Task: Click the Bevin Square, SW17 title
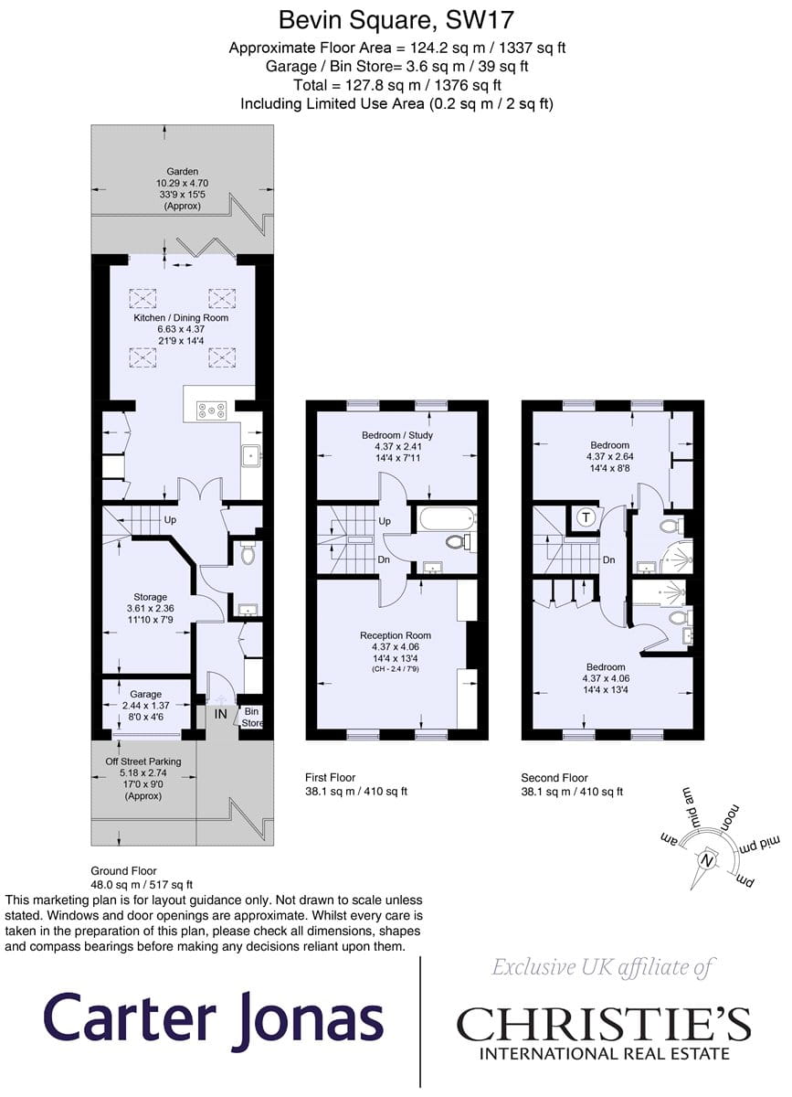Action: coord(396,20)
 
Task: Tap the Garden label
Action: coord(182,172)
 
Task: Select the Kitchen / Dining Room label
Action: coord(181,318)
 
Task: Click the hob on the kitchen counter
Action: coord(211,410)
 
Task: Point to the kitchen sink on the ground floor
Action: coord(252,457)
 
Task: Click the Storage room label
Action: coord(151,597)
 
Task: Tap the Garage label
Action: coord(146,694)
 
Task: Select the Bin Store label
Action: coord(252,717)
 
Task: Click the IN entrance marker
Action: coord(221,714)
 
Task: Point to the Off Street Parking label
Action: coord(143,762)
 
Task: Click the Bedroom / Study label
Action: coord(397,435)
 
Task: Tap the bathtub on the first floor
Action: coord(447,518)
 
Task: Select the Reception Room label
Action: coord(396,635)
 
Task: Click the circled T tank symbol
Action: coord(586,517)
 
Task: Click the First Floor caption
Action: coord(331,777)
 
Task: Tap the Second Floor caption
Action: coord(554,777)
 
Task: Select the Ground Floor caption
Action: coord(123,870)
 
